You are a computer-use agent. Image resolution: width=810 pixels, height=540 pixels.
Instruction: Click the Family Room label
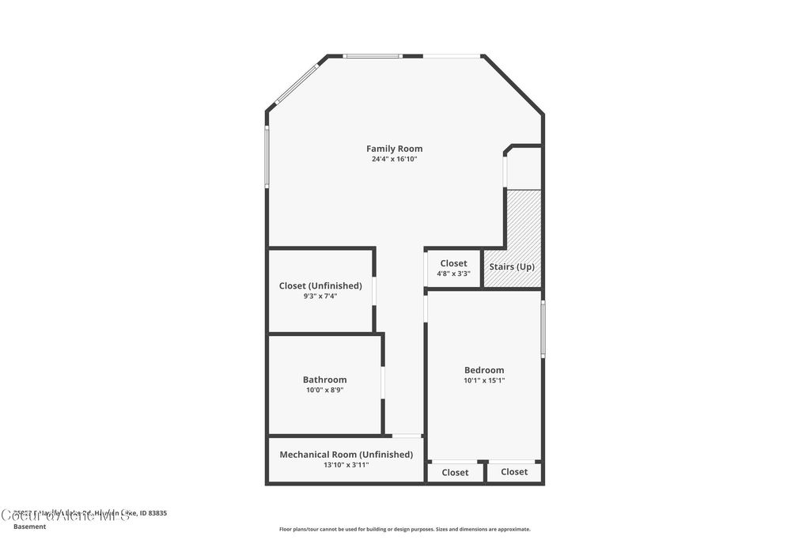(x=394, y=149)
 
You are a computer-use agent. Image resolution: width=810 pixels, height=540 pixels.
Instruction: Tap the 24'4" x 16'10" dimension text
(x=394, y=159)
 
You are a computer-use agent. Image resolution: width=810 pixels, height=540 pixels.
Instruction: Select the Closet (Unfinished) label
(x=320, y=285)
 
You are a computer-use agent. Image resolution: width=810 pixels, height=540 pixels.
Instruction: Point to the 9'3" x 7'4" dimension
(x=320, y=296)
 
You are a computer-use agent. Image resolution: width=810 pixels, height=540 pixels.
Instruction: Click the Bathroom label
(x=324, y=380)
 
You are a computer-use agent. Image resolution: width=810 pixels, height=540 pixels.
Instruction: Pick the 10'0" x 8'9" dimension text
(x=324, y=390)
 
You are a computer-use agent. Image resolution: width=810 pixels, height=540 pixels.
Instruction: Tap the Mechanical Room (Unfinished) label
(x=346, y=455)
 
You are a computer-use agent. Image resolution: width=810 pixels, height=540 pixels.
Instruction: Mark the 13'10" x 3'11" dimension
(x=346, y=465)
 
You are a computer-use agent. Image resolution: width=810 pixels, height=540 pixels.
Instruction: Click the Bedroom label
(x=484, y=370)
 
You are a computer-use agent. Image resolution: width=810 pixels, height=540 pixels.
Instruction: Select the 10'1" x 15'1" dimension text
(x=484, y=380)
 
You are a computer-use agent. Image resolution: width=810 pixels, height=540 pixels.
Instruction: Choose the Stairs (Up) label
(x=512, y=266)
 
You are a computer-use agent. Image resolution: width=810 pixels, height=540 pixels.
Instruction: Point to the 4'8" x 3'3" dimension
(x=453, y=274)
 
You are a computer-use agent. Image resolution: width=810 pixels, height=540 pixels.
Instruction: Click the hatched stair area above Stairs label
(x=524, y=221)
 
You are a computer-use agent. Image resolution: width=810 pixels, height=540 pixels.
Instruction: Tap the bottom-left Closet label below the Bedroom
(x=455, y=473)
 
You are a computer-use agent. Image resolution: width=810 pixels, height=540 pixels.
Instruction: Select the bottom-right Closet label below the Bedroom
(x=514, y=472)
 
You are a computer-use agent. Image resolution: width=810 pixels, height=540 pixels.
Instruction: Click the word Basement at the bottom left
(x=30, y=527)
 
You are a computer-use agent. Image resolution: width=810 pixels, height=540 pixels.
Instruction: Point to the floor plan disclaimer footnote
(x=404, y=529)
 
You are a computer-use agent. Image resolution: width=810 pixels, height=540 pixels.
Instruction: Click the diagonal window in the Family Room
(x=297, y=84)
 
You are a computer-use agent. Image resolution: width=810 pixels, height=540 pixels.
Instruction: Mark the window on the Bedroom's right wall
(x=543, y=329)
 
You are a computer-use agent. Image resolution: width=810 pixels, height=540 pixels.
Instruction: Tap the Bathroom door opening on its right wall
(x=383, y=383)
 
